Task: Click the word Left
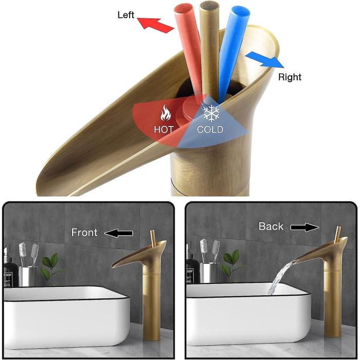pos(125,15)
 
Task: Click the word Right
pos(290,77)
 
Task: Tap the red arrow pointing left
pos(156,25)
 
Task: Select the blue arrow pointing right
pos(265,60)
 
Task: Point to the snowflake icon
pos(211,114)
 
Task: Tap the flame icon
pos(166,112)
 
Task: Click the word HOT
pos(164,130)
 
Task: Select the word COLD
pos(210,130)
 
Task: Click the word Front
pos(84,232)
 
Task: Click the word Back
pos(271,226)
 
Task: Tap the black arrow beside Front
pos(118,233)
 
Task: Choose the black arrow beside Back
pos(304,227)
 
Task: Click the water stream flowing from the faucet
pos(280,277)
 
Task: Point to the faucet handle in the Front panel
pos(153,239)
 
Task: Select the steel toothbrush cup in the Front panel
pos(28,277)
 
